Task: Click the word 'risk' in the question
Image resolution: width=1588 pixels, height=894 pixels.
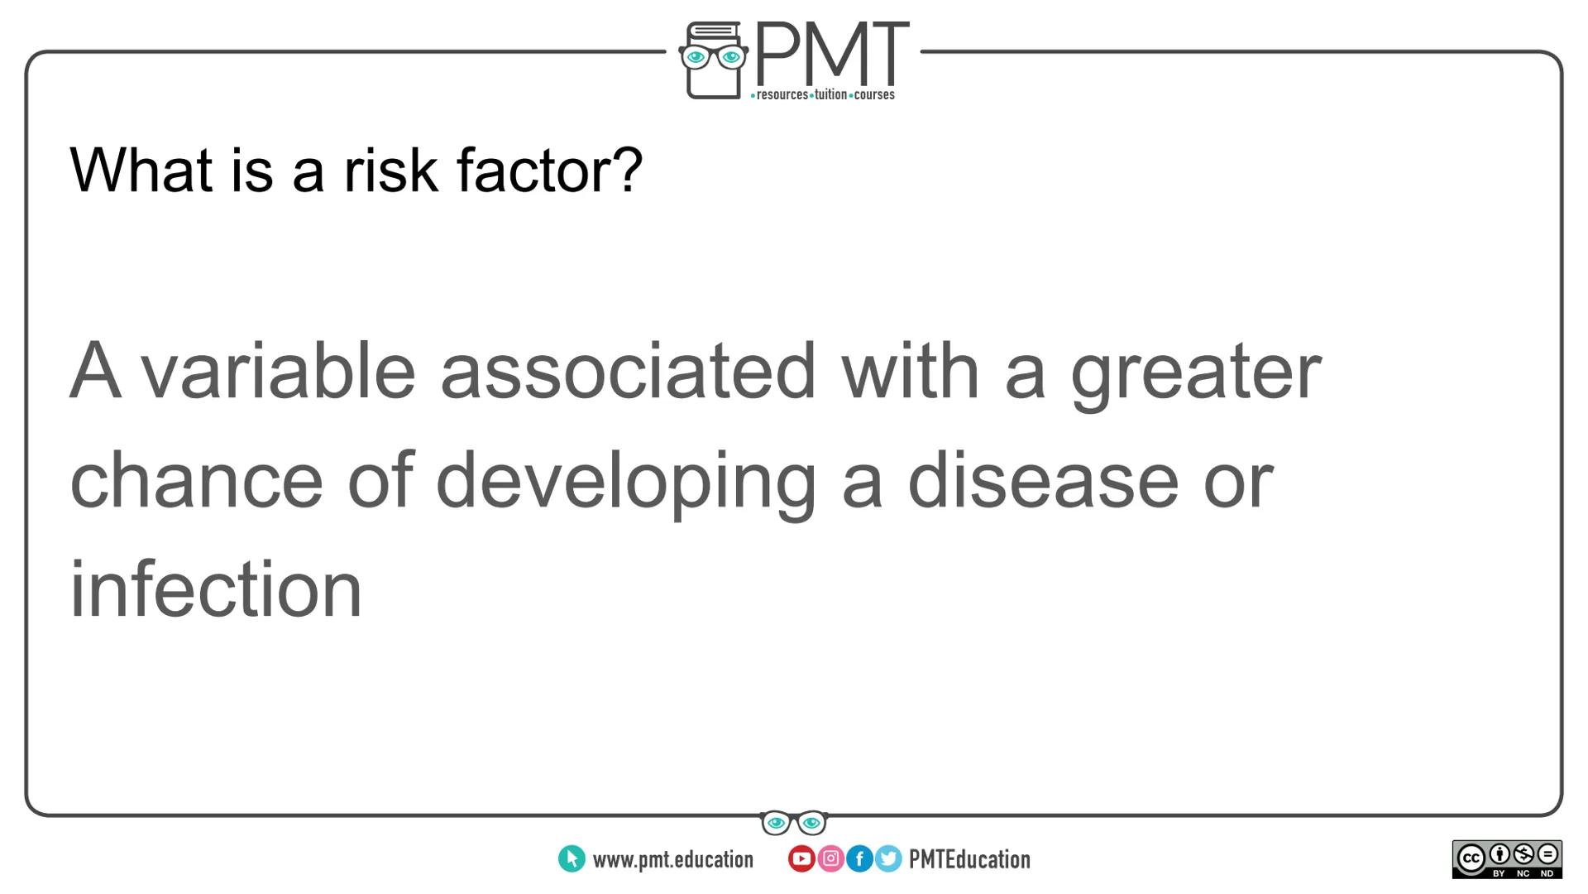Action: [x=390, y=171]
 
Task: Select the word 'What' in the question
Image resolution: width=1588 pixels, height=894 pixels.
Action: [x=141, y=171]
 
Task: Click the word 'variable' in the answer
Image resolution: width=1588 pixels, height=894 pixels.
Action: [x=278, y=372]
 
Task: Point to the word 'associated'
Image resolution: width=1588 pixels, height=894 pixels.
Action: [x=629, y=372]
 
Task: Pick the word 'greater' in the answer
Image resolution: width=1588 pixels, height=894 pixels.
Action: [x=1196, y=374]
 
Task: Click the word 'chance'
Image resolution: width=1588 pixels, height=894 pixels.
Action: [x=196, y=481]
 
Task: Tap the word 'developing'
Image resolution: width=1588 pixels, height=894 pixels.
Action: [x=626, y=483]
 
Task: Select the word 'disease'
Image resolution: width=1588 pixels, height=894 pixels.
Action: [x=1043, y=481]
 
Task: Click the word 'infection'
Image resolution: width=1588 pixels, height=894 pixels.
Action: [x=216, y=589]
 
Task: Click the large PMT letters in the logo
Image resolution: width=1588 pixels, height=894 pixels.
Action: [x=831, y=53]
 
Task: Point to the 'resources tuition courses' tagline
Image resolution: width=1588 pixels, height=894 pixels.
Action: [x=823, y=95]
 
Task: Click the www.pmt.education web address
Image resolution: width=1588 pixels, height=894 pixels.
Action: [x=672, y=860]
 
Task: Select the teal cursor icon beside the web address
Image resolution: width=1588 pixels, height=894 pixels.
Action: [x=572, y=859]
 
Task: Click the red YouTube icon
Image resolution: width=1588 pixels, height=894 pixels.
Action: [x=801, y=859]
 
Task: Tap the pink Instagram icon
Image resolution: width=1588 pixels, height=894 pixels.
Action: [x=830, y=859]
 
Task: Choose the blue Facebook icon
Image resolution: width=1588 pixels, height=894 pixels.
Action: [x=859, y=859]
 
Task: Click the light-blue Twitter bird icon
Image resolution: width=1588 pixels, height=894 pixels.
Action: [x=888, y=859]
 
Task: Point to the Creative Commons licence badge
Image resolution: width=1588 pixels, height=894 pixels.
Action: [x=1507, y=859]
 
